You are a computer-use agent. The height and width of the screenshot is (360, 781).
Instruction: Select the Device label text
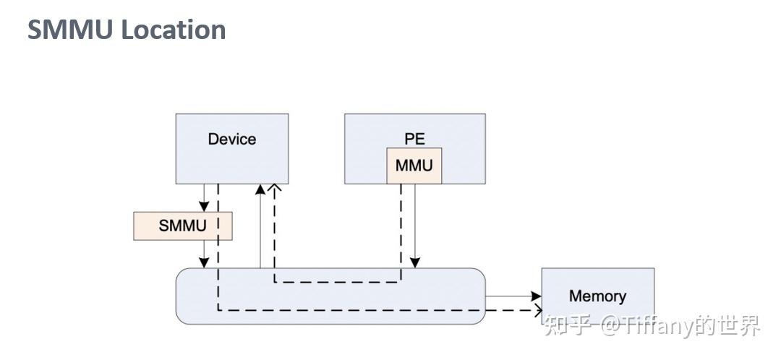coord(232,139)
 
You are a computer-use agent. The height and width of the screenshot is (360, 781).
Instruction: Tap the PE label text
coord(414,138)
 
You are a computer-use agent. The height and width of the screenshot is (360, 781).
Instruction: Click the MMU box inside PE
coord(414,166)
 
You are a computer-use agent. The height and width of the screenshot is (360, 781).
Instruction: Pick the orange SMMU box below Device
coord(183,226)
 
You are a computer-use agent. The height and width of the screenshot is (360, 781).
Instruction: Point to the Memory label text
coord(597,296)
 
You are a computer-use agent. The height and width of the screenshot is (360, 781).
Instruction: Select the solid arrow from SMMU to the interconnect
coord(205,254)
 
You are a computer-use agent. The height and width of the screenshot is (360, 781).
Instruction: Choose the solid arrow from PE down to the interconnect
coord(415,224)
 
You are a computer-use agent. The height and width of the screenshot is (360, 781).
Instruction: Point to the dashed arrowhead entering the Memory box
coord(537,311)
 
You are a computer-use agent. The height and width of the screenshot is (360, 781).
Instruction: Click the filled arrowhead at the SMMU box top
coord(205,207)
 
